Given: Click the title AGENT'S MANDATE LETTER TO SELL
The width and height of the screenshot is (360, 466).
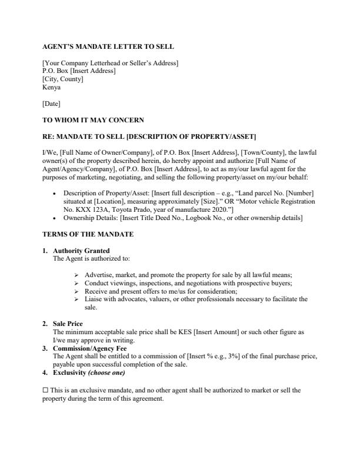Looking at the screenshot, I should [x=108, y=46].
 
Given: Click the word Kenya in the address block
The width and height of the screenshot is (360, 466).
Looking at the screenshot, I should [x=52, y=87].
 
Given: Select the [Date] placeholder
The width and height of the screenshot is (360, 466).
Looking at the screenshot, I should [x=52, y=104].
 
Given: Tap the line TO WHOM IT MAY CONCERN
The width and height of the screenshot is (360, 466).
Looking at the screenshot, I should [x=93, y=120].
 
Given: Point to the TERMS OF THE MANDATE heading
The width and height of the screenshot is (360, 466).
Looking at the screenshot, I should [x=88, y=234].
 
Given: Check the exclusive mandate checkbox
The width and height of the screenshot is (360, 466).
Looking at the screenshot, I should [x=45, y=390].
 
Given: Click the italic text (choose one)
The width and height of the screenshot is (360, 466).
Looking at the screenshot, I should [x=106, y=372].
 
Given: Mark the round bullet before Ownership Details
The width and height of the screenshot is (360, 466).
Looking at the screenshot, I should [x=55, y=218].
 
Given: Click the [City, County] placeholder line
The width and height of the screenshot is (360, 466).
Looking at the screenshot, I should [x=63, y=79].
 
